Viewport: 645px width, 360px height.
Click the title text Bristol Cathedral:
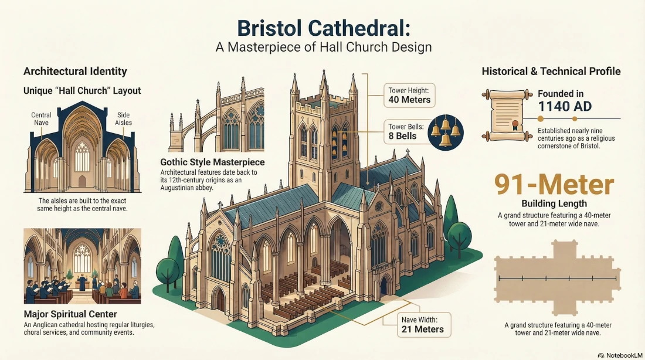(x=322, y=28)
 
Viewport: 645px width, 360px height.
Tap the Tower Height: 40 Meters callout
(x=409, y=95)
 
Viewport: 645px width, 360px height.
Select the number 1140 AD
(x=565, y=106)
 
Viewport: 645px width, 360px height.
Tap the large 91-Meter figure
(x=554, y=185)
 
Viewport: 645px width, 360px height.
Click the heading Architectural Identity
(x=75, y=72)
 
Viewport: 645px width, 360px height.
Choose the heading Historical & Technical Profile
(x=551, y=72)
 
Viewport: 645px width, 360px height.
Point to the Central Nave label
(x=41, y=119)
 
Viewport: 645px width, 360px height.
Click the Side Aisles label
(x=124, y=119)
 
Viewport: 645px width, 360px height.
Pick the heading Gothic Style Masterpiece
(x=212, y=162)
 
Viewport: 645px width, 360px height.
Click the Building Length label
(x=554, y=204)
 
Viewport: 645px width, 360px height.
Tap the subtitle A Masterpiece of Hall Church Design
(x=322, y=47)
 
